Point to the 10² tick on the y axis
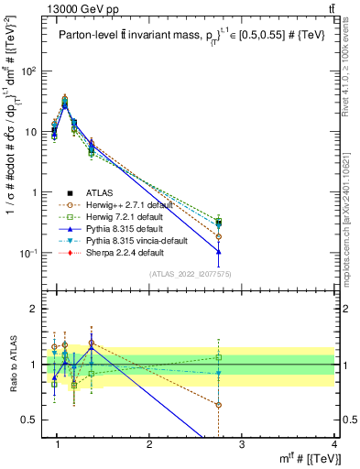pos(29,71)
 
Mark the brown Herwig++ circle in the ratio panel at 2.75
pos(218,404)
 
